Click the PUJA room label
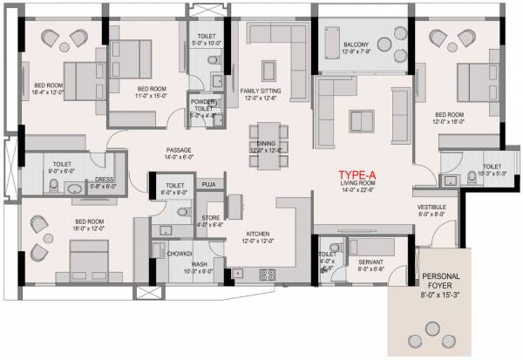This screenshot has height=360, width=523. [208, 185]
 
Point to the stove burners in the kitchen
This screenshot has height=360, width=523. [267, 274]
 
